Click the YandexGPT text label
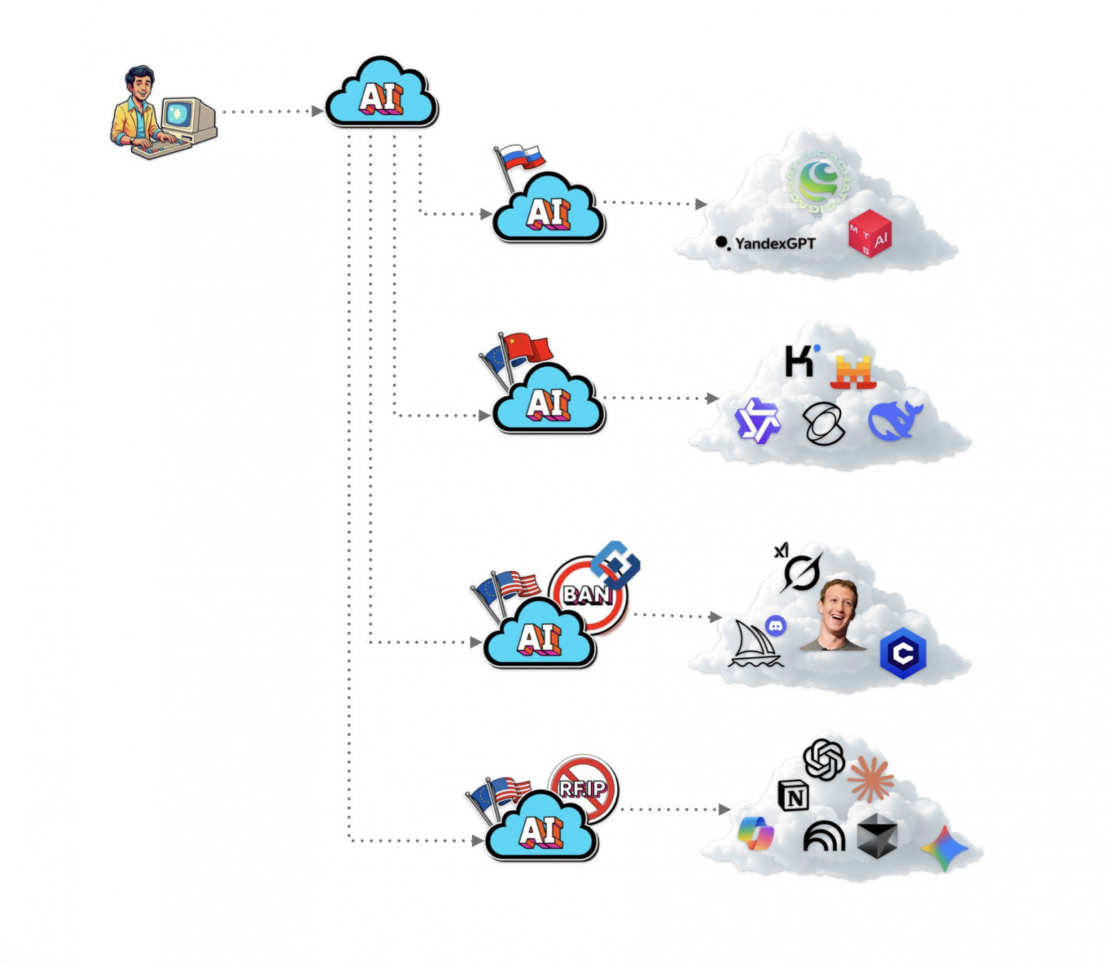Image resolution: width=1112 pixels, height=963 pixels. [774, 244]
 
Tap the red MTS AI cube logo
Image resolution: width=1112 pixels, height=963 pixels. [870, 233]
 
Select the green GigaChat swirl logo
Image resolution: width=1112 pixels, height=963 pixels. [818, 181]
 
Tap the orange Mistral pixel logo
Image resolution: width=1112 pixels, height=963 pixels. [853, 371]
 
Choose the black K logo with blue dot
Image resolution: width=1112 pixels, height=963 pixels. [800, 361]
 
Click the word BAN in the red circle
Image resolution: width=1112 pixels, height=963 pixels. [586, 594]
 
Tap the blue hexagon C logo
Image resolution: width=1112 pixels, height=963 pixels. [902, 653]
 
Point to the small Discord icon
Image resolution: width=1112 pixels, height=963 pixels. [776, 626]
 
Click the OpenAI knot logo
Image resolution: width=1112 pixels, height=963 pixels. [823, 759]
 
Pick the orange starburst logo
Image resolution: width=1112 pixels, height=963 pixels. [870, 778]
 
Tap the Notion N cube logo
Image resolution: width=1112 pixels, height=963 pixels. [793, 795]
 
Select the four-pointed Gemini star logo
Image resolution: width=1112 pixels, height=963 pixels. [944, 848]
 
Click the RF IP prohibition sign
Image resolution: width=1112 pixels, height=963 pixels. [583, 788]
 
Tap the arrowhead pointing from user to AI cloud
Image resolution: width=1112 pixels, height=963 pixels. [318, 111]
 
